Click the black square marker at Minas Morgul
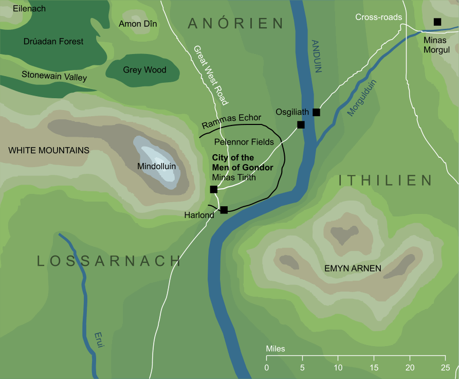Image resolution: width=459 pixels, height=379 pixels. (437, 22)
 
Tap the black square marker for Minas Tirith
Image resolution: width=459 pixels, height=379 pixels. (214, 190)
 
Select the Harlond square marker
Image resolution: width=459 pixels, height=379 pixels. (224, 210)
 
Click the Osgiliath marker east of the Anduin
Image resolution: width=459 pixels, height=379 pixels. (316, 112)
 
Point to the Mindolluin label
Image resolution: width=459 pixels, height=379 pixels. (156, 166)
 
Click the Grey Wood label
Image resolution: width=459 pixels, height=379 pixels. (144, 70)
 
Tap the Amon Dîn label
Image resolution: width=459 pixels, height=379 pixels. (138, 24)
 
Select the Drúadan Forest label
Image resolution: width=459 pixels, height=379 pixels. (53, 41)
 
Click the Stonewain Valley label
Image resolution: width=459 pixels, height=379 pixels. (54, 77)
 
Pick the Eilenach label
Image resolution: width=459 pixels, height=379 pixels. (29, 9)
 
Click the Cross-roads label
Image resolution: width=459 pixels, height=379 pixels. (378, 17)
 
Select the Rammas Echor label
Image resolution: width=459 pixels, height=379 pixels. (231, 121)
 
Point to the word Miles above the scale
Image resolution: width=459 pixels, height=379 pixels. (276, 349)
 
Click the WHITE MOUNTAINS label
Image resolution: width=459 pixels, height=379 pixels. (49, 150)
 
